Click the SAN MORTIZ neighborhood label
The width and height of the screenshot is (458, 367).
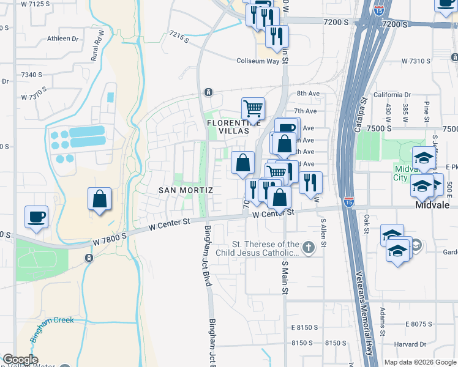click(x=186, y=190)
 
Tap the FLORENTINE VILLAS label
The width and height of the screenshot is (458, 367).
click(x=228, y=127)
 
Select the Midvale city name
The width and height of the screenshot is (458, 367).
click(x=433, y=206)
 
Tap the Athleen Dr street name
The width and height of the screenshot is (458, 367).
click(x=63, y=39)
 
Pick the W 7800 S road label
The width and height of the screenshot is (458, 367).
click(x=110, y=235)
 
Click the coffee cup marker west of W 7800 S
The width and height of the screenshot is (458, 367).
click(x=36, y=216)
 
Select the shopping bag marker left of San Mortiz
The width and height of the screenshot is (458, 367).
click(x=99, y=199)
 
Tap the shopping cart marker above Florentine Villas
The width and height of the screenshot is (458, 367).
click(x=252, y=109)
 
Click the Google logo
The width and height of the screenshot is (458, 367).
click(x=20, y=360)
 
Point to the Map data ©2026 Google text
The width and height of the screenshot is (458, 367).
click(x=420, y=362)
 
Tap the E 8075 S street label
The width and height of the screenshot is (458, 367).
click(x=427, y=324)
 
